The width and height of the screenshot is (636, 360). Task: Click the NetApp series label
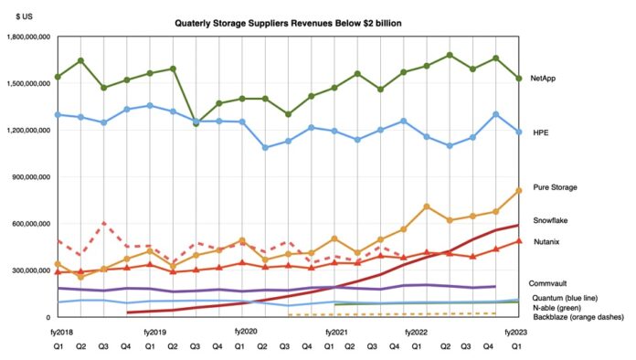tap(544, 79)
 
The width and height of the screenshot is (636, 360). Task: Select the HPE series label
tap(538, 132)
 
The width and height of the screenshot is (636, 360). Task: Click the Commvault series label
tap(550, 284)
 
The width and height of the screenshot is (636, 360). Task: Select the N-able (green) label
tap(557, 307)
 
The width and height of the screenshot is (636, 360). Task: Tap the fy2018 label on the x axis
tap(58, 333)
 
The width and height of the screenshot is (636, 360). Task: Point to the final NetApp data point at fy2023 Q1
tap(519, 79)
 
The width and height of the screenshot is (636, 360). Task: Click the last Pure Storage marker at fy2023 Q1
tap(519, 190)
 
